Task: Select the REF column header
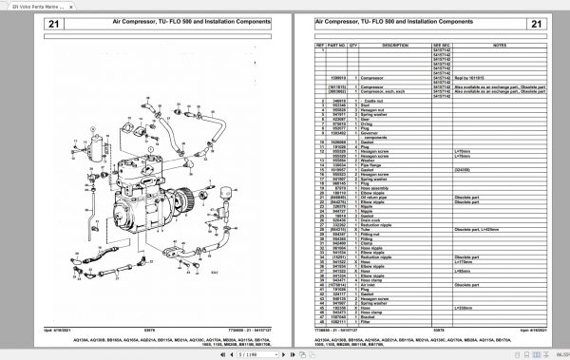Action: pyautogui.click(x=321, y=44)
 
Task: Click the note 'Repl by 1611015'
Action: pyautogui.click(x=475, y=75)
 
